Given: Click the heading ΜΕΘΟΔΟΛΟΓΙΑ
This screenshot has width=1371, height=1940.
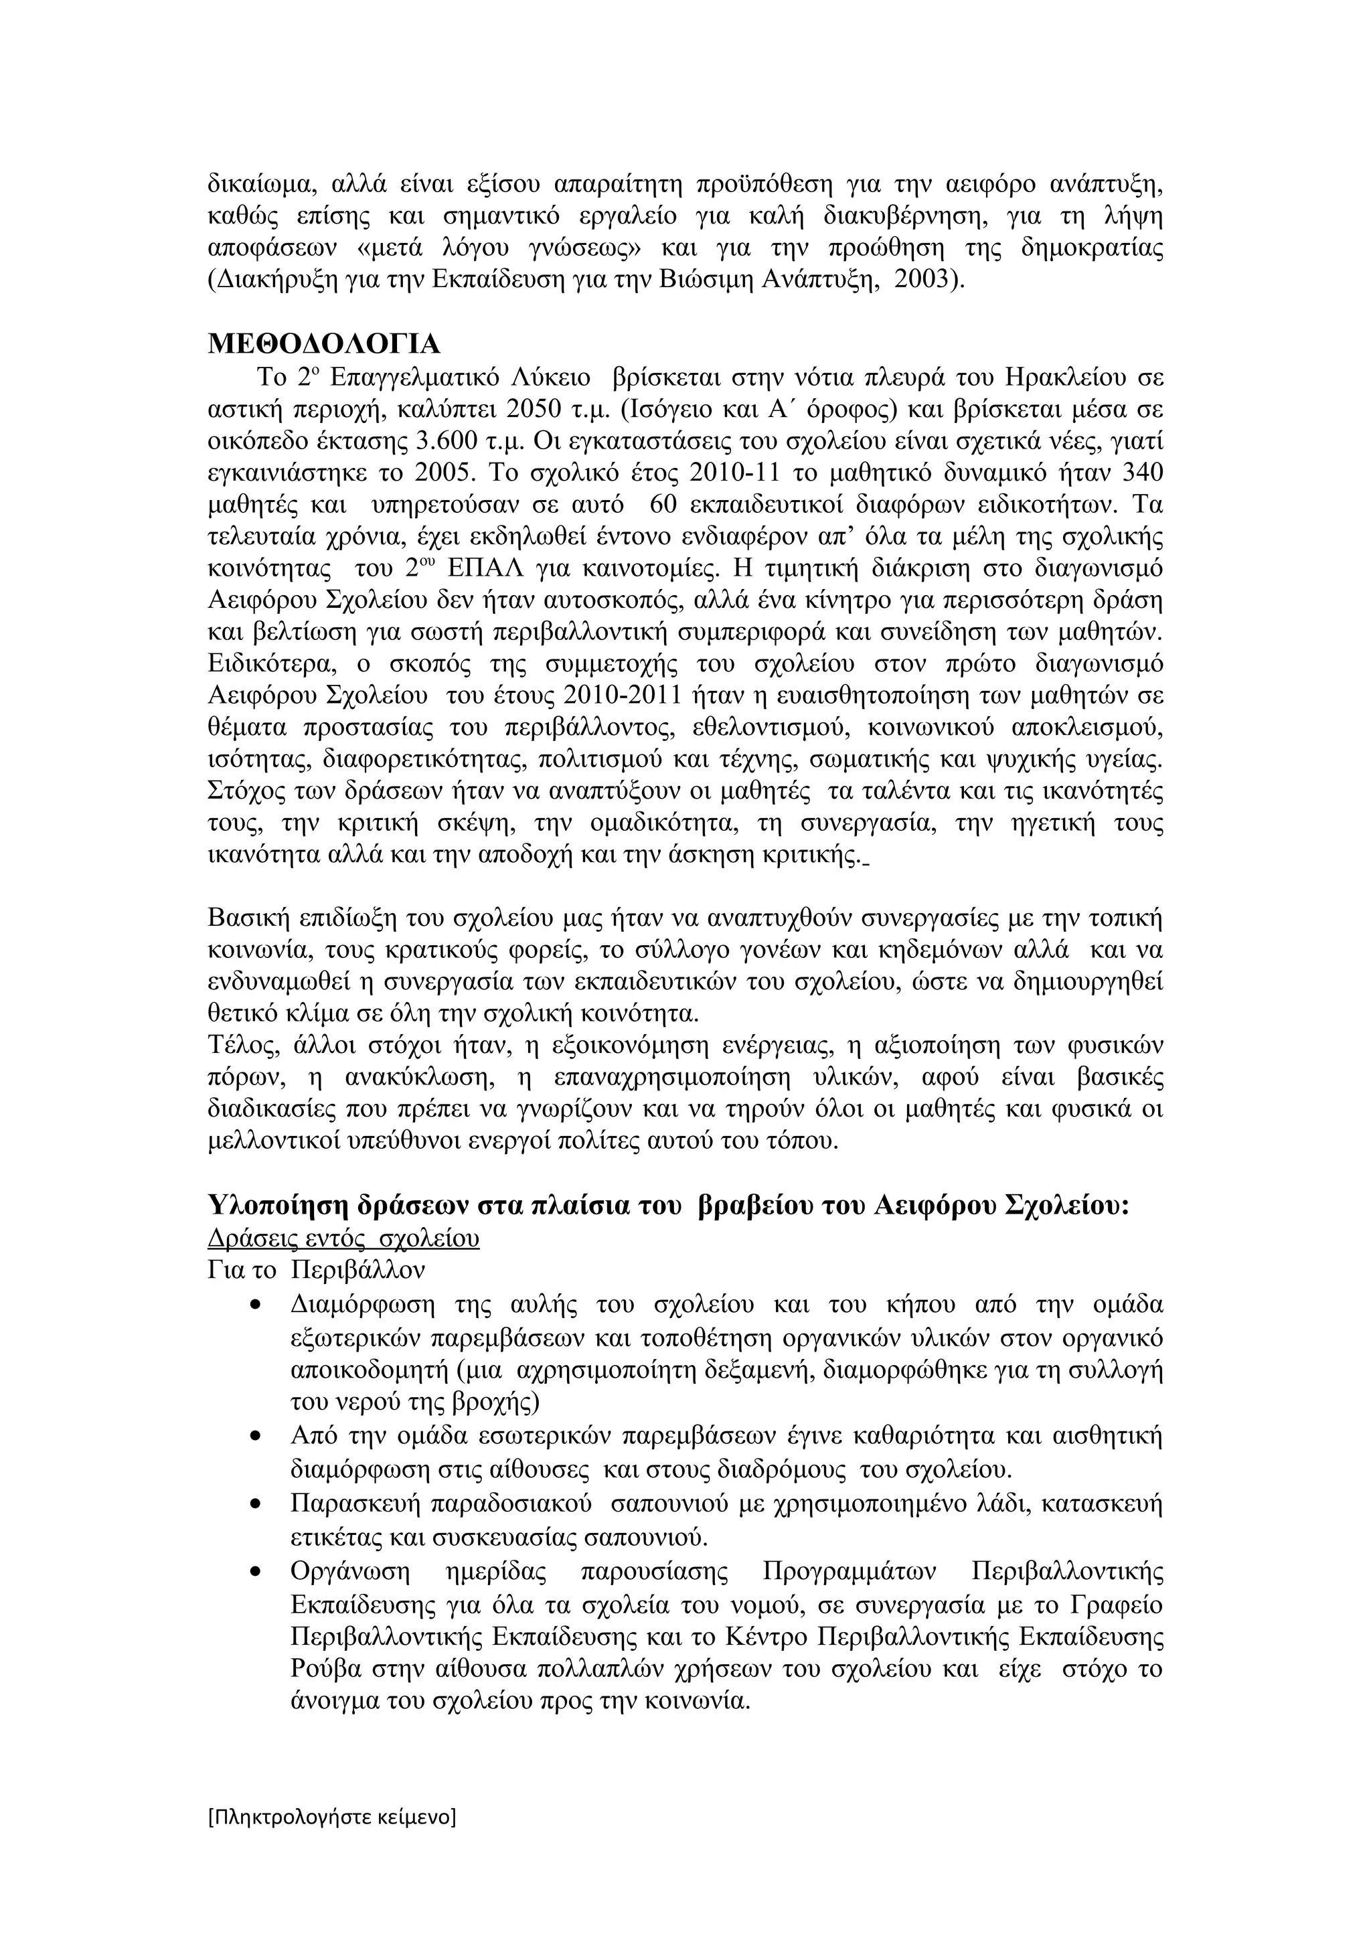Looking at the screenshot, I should pos(325,345).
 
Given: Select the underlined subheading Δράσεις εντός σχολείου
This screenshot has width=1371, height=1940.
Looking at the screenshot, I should pos(343,1238).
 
